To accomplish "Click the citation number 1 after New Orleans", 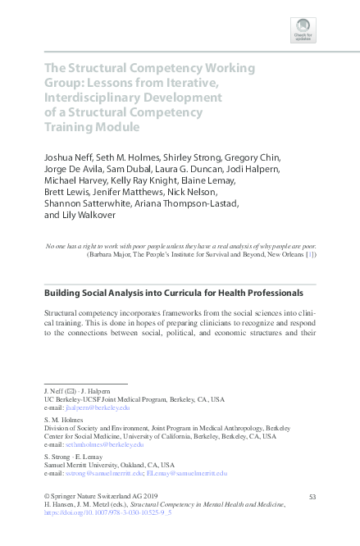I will [x=308, y=255].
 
